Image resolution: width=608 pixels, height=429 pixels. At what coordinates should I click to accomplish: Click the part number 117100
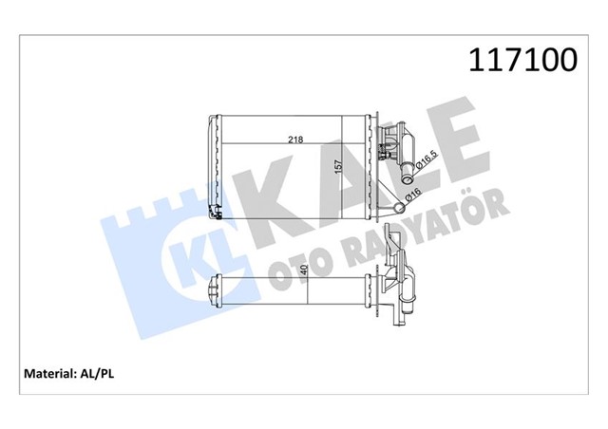click(x=522, y=62)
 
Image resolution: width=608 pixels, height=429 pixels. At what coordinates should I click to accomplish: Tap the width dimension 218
click(x=295, y=140)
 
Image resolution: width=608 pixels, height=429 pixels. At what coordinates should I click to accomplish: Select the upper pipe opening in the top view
click(x=404, y=172)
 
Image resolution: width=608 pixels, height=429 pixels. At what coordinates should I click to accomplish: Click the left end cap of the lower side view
click(x=216, y=289)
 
